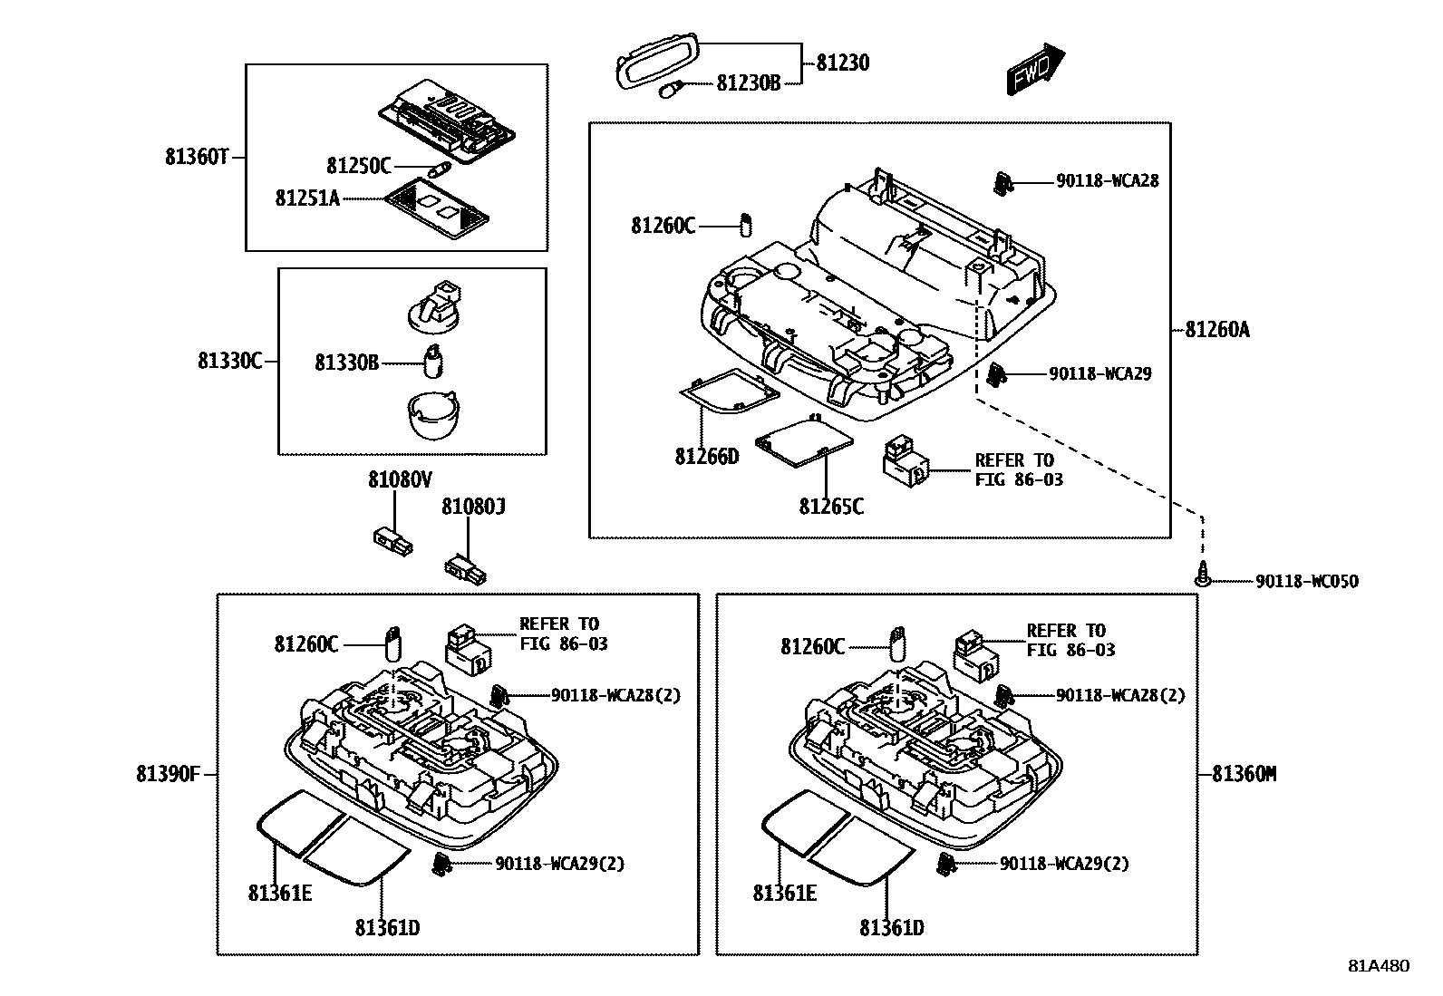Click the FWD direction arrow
(x=1034, y=70)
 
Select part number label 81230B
(x=748, y=83)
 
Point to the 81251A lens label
(x=307, y=198)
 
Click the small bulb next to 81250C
(x=436, y=169)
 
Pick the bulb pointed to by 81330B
(x=434, y=361)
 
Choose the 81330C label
(x=229, y=361)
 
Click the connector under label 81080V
(x=392, y=539)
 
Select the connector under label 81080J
(x=465, y=568)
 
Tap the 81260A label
(x=1217, y=330)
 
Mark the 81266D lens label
(x=706, y=456)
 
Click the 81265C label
(x=831, y=506)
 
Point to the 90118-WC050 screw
(x=1202, y=575)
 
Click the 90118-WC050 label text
(x=1307, y=582)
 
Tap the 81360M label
(x=1244, y=774)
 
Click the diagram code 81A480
(x=1378, y=966)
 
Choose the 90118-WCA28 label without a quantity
(x=1107, y=181)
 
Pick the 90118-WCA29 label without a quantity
(x=1100, y=373)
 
